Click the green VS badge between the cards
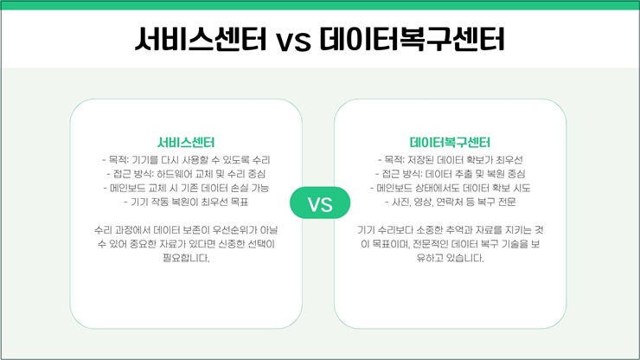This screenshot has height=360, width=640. (x=320, y=202)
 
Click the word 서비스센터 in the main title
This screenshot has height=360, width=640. (x=201, y=39)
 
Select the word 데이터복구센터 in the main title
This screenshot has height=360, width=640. (x=412, y=39)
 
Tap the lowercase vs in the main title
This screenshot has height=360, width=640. (x=293, y=42)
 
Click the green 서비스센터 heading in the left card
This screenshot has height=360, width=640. (x=186, y=142)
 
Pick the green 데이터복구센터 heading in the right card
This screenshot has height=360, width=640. (x=450, y=142)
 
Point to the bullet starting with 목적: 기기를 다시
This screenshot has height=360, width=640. (x=186, y=160)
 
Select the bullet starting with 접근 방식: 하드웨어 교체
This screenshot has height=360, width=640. (x=186, y=174)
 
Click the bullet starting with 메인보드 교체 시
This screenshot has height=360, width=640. (x=186, y=188)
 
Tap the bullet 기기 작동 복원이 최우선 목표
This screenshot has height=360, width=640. (x=186, y=202)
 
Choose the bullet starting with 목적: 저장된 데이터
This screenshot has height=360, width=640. (x=451, y=160)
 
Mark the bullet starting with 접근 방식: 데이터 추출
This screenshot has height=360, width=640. (x=451, y=174)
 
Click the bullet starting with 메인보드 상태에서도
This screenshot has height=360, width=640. (x=451, y=188)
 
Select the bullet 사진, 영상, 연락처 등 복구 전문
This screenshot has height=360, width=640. (x=451, y=202)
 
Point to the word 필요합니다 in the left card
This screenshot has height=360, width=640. (x=186, y=258)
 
